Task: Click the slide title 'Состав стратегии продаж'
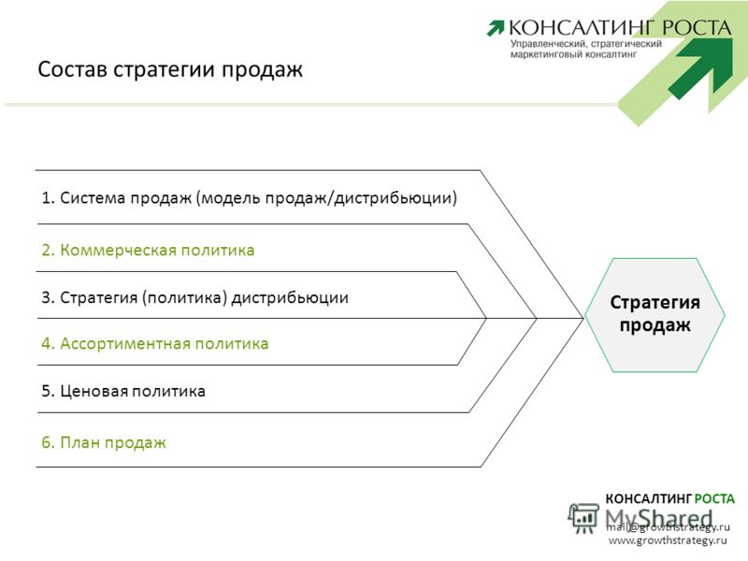click(170, 69)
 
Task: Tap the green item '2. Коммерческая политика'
click(148, 250)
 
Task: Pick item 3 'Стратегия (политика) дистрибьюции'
click(194, 297)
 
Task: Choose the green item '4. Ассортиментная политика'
click(155, 343)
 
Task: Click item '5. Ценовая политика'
click(123, 391)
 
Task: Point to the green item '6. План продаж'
click(104, 442)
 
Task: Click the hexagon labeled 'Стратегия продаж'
click(654, 315)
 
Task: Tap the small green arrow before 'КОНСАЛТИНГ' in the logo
click(496, 28)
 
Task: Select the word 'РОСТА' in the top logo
click(697, 28)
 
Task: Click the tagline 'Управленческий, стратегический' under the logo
click(586, 44)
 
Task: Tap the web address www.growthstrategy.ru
click(668, 540)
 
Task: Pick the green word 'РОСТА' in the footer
click(714, 499)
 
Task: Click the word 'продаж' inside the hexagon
click(654, 325)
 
